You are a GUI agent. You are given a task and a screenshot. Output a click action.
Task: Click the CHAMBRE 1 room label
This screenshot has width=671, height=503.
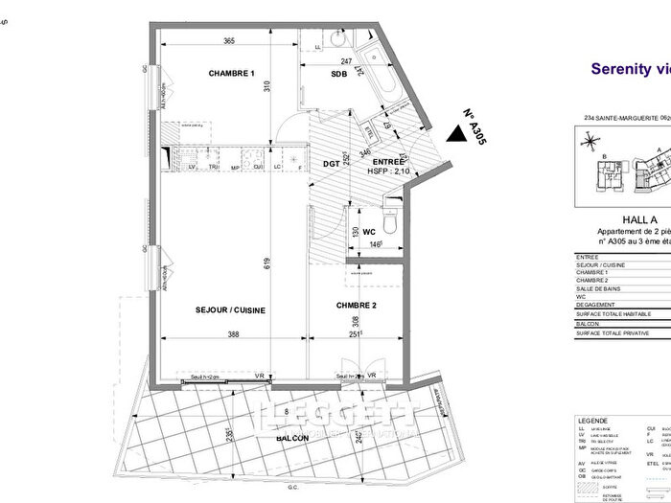tap(231, 74)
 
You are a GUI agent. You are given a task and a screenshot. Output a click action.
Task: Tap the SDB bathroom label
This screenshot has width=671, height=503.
tap(339, 74)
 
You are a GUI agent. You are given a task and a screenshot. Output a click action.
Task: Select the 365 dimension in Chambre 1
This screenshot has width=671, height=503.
tap(230, 41)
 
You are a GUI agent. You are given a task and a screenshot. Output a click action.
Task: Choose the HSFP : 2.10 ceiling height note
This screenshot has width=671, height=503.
tap(388, 171)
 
